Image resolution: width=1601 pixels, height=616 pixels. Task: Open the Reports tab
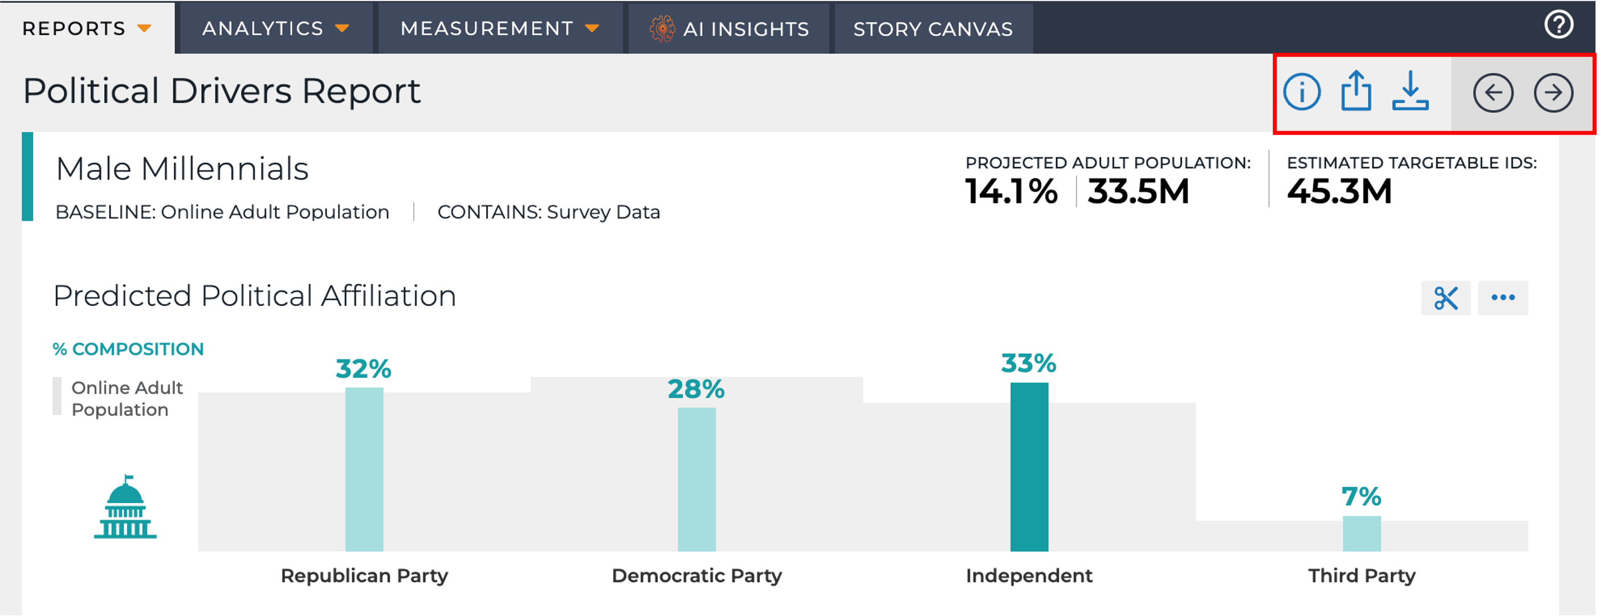87,28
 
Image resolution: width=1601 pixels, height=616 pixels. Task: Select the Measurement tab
500,28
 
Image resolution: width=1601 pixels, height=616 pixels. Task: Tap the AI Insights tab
728,28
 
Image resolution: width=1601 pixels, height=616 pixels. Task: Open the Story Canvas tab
933,28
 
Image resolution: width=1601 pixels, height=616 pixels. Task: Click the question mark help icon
1558,25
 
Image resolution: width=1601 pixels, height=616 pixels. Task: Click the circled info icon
1301,92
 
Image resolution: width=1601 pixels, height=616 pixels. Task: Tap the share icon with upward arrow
1355,91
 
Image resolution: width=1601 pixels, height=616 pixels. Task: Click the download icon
1409,91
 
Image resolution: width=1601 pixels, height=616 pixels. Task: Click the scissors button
1445,298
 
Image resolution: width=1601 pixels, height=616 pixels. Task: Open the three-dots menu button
1503,298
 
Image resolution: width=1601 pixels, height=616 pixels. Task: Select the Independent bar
1029,467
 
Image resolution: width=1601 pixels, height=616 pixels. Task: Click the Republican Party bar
364,470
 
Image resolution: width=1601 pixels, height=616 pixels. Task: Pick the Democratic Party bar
696,479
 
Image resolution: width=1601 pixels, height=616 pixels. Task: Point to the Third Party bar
1362,533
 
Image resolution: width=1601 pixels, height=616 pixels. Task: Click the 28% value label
696,390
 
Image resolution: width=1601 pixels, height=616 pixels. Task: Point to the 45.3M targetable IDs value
1339,191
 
